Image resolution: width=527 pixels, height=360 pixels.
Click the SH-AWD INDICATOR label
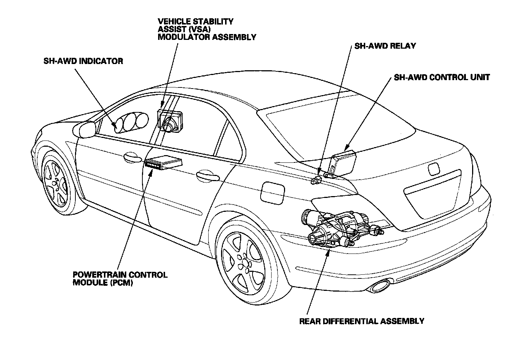pos(83,61)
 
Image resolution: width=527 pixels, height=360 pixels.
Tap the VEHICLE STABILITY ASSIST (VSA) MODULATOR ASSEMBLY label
pos(206,29)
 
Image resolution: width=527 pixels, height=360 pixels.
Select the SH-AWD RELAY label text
pos(385,46)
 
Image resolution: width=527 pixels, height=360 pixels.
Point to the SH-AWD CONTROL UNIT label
pos(441,77)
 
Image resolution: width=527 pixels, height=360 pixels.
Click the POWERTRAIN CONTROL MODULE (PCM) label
pos(120,278)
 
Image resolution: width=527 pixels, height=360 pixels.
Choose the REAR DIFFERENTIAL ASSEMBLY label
pos(362,321)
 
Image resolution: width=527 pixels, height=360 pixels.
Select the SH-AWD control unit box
pos(344,164)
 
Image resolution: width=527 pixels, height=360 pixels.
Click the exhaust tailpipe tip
pos(380,285)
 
